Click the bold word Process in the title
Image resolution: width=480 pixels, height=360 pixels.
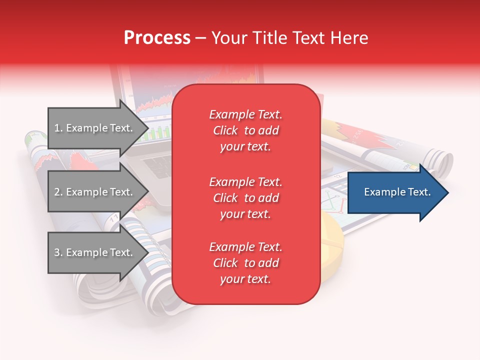[157, 38]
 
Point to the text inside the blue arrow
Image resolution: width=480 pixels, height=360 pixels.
[397, 192]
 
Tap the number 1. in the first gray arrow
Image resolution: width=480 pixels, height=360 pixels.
[58, 128]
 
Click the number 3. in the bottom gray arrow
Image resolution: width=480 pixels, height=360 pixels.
[58, 252]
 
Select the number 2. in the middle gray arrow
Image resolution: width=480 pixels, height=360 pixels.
[58, 192]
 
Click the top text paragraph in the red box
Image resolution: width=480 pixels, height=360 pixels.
[245, 130]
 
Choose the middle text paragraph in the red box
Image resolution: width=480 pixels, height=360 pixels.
[245, 198]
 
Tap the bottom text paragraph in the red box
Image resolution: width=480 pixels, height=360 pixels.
[245, 263]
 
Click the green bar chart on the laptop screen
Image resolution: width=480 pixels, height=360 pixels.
[160, 133]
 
